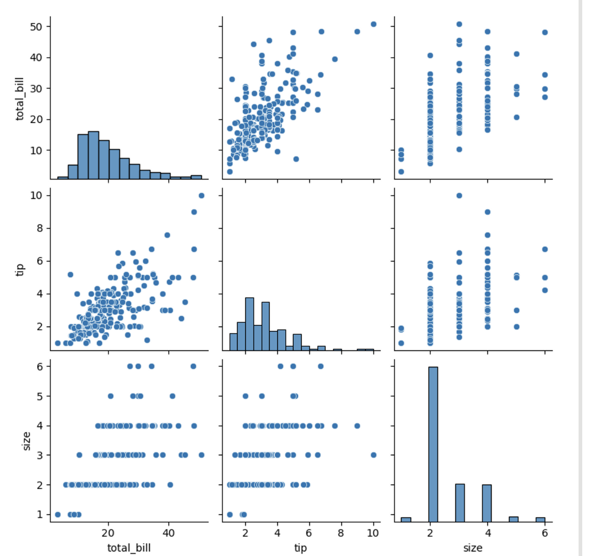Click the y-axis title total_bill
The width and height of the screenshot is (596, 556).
coord(20,99)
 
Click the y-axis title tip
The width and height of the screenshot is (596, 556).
coord(20,270)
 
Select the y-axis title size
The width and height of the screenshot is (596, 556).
coord(27,440)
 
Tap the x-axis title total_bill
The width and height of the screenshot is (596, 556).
coord(129,548)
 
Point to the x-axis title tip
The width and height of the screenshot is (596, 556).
coord(301,548)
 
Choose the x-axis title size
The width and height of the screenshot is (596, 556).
coord(473,548)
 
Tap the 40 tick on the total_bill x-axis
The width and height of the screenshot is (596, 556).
coord(169,533)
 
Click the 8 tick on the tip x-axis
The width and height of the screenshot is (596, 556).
coord(341,533)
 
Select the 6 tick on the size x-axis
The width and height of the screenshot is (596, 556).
coord(545,533)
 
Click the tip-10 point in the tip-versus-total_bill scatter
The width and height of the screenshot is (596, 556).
coord(201,195)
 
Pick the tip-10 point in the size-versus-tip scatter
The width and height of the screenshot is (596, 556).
coord(373,455)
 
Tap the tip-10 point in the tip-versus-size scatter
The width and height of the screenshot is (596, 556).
coord(459,195)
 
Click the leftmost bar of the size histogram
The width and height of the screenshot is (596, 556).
coord(406,519)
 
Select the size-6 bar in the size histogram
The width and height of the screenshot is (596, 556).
coord(541,519)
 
